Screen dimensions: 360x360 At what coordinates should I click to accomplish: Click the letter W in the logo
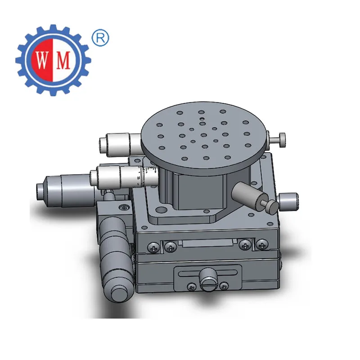coord(41,61)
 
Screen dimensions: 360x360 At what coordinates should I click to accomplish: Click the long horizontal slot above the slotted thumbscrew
coord(208,273)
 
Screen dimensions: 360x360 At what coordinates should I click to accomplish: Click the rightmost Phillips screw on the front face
coord(262,245)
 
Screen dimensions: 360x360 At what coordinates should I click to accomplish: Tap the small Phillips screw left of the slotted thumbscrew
coord(192,287)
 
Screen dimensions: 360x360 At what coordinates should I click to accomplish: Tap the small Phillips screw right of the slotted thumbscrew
coord(224,286)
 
